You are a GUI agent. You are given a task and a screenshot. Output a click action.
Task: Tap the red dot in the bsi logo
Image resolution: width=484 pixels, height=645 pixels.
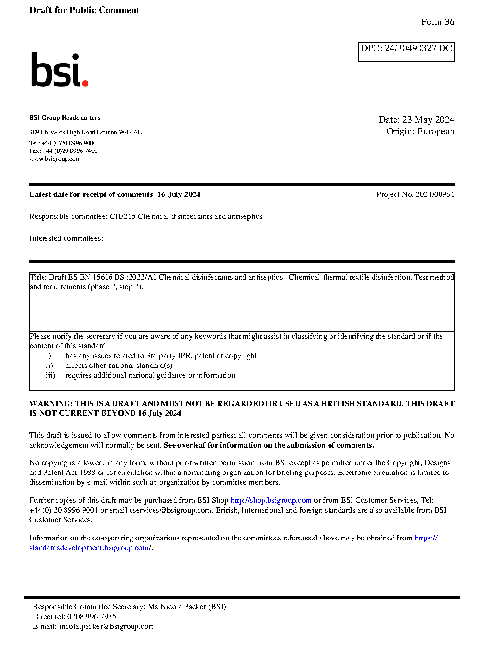(85, 83)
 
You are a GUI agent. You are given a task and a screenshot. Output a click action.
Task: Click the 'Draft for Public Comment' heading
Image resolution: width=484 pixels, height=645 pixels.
(84, 10)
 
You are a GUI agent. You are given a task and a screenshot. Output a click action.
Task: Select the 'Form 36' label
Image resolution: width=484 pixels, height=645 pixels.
(438, 22)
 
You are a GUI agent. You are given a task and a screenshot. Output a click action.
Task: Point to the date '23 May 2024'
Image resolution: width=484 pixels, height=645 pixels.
(428, 120)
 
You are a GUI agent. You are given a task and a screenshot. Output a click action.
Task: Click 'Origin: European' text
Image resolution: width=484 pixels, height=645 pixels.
(420, 131)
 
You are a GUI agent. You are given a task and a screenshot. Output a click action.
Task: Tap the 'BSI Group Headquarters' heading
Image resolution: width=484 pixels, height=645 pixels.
(65, 118)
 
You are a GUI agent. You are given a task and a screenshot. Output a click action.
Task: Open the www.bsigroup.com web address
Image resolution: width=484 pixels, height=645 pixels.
(55, 159)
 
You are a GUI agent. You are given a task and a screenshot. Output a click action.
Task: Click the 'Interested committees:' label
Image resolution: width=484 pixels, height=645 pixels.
(66, 238)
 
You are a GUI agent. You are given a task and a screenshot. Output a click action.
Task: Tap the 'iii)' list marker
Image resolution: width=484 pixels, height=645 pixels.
(50, 375)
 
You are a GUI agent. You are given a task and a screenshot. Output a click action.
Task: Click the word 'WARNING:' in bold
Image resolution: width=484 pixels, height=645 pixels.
(51, 404)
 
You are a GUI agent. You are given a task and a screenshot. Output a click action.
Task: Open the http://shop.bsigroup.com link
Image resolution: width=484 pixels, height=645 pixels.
(271, 500)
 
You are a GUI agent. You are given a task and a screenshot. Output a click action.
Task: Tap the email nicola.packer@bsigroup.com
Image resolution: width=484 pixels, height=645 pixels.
(107, 626)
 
